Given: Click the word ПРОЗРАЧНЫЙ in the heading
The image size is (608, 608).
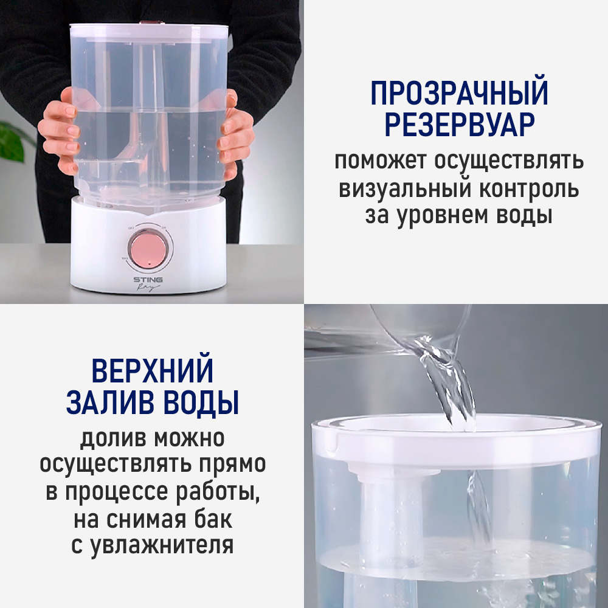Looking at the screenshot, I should [459, 93].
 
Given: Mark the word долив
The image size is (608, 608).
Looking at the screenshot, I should [110, 437].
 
